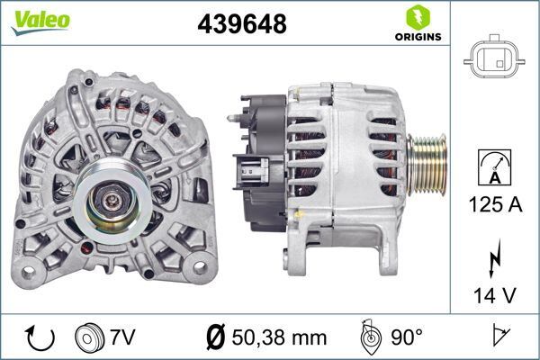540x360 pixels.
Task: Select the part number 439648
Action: (x=241, y=24)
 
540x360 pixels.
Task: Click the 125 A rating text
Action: (x=493, y=205)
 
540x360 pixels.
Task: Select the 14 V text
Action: (x=493, y=293)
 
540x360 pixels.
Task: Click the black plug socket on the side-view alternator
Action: (x=251, y=171)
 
